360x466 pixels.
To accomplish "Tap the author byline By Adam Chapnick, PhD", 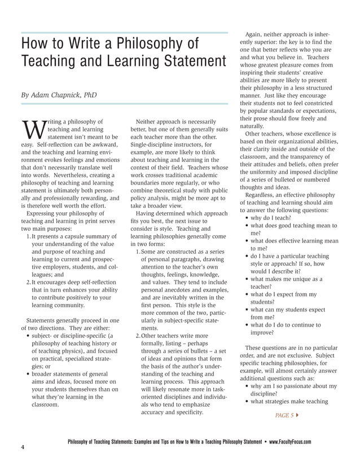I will (59, 95).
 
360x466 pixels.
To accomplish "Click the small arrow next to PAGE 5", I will (297, 415).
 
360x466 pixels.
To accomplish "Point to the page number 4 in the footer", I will (22, 447).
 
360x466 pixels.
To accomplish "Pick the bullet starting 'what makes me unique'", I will (286, 279).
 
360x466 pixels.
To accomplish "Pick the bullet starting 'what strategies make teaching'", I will (288, 401).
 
